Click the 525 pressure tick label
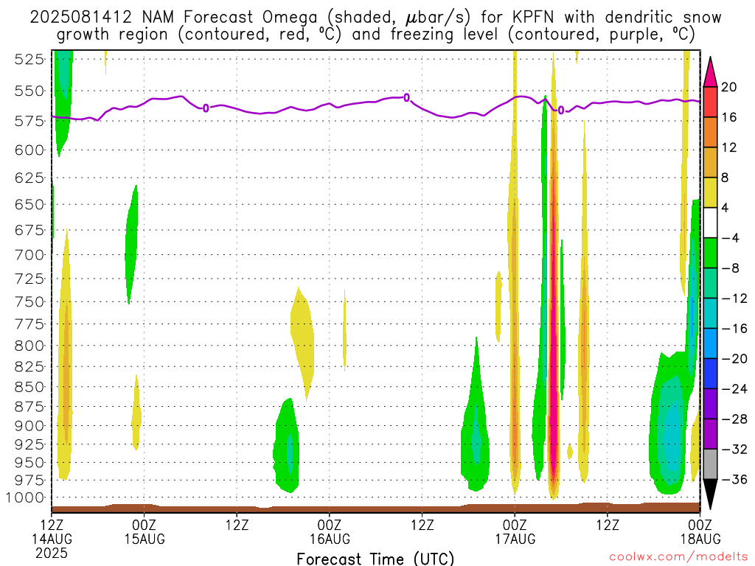(29, 60)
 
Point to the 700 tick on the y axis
(29, 254)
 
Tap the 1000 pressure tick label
(26, 497)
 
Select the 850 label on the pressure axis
(29, 387)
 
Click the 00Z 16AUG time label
(330, 532)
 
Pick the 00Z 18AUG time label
(700, 532)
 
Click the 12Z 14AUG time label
(52, 532)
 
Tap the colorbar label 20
(729, 87)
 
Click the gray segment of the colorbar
(710, 464)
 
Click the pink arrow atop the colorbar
(710, 72)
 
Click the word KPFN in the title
(532, 18)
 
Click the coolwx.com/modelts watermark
(678, 557)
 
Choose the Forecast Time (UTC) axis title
(375, 559)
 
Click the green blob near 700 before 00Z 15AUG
(131, 245)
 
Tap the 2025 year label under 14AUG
(52, 553)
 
